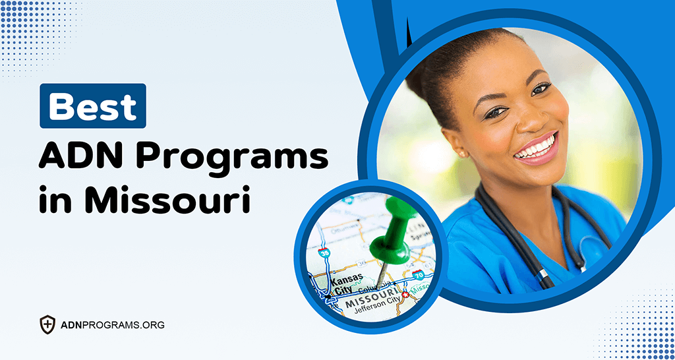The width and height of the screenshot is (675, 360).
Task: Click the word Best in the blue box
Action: (x=93, y=106)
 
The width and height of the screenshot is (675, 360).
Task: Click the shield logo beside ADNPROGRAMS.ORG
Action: (x=47, y=324)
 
